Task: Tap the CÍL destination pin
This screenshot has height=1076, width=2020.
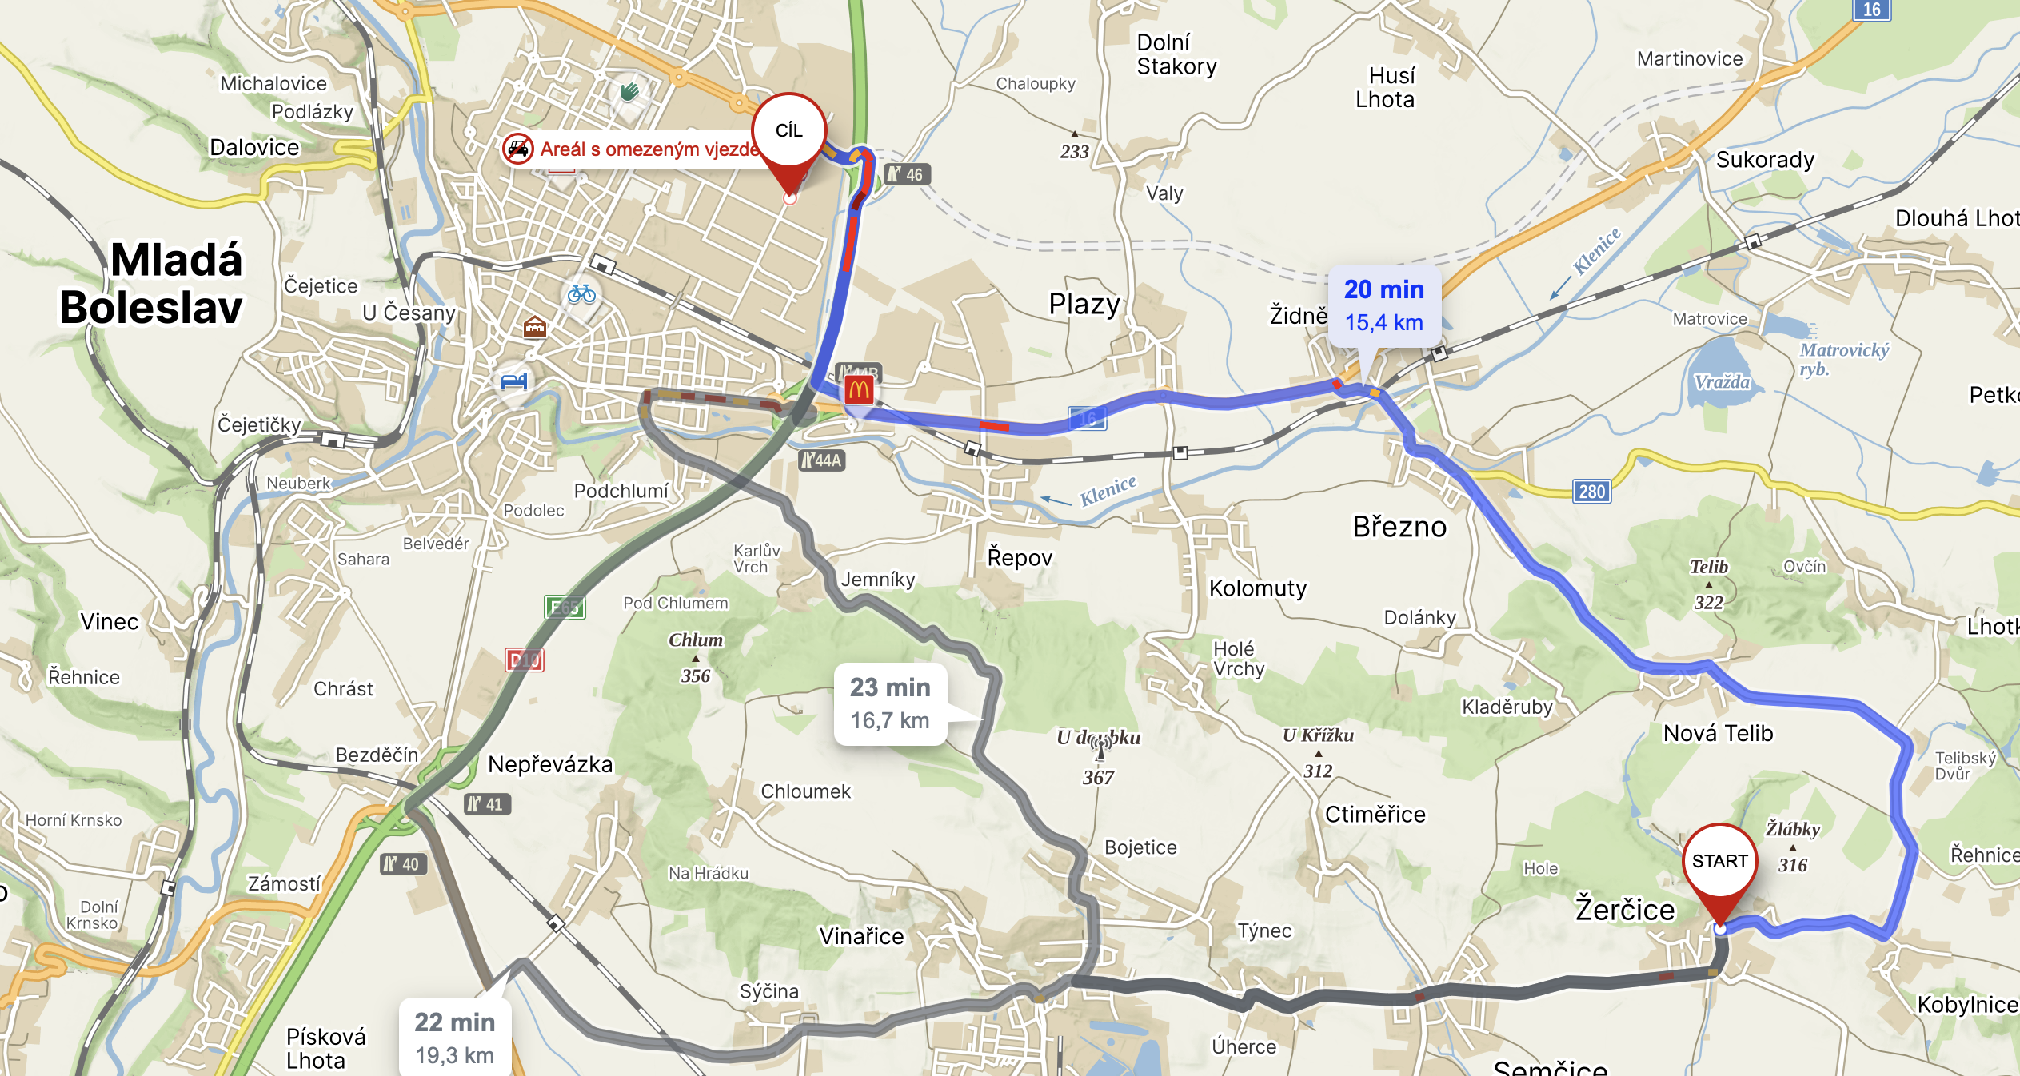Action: tap(788, 131)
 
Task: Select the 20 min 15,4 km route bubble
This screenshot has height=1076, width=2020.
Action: tap(1384, 305)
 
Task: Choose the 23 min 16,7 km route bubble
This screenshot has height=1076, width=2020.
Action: tap(890, 703)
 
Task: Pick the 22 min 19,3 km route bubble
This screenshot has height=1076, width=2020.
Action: tap(454, 1038)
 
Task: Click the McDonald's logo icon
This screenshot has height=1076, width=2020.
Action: tap(859, 390)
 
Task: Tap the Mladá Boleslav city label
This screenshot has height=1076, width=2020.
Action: tap(152, 283)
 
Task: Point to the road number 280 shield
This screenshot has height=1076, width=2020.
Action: tap(1591, 492)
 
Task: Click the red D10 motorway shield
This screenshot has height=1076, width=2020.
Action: tap(525, 660)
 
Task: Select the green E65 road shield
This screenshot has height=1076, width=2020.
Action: tap(565, 608)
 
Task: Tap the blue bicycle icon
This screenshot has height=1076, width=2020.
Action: tap(581, 294)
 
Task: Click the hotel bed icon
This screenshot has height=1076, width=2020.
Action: tap(514, 381)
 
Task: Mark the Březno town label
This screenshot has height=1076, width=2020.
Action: tap(1399, 527)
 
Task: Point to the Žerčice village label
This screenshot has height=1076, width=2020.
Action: tap(1625, 910)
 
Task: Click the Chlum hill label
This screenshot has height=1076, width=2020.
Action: tap(696, 640)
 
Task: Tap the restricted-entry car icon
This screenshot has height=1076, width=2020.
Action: tap(518, 149)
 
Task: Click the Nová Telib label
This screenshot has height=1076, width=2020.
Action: tap(1718, 733)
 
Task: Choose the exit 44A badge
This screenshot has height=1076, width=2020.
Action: tap(822, 460)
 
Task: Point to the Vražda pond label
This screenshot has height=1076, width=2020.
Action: tap(1722, 382)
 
